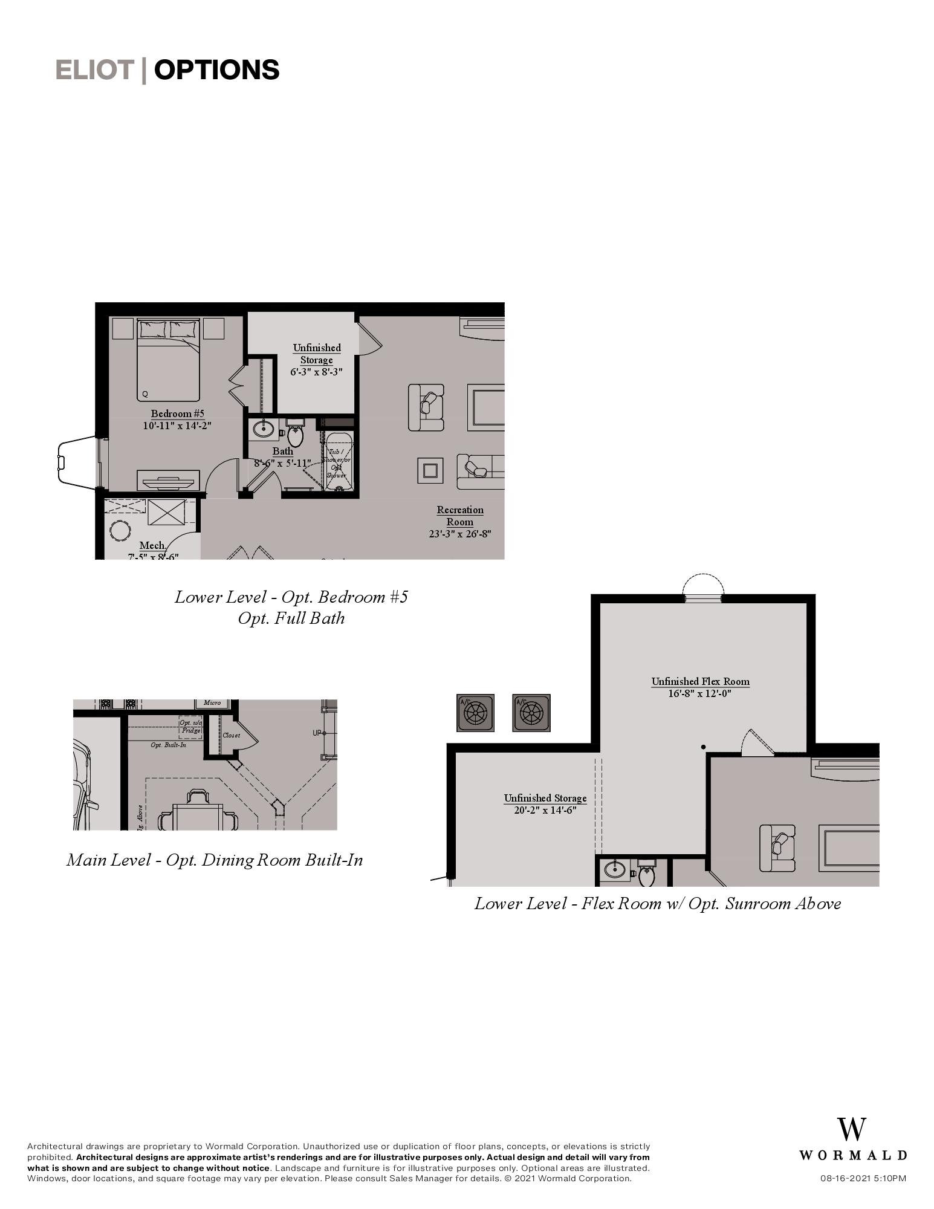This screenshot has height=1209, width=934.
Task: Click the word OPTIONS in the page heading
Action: (x=216, y=70)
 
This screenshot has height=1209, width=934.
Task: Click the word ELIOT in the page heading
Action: (x=94, y=70)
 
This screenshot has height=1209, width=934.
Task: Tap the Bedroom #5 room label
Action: (x=177, y=413)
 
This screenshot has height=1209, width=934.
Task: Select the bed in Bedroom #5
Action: (x=168, y=361)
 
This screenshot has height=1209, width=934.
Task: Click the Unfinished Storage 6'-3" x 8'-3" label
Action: (x=316, y=360)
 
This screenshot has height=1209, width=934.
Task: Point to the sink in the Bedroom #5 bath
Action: (x=264, y=429)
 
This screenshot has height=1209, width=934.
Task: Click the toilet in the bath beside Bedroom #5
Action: (x=296, y=433)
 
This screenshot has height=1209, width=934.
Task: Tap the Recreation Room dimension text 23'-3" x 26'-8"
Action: (x=459, y=534)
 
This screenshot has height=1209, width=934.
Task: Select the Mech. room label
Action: (x=152, y=545)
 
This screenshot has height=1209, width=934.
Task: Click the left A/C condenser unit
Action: (x=475, y=713)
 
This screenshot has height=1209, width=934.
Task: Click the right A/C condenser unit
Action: (x=531, y=713)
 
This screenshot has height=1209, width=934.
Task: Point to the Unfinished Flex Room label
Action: (x=700, y=681)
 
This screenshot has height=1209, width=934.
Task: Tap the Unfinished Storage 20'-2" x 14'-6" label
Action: (x=545, y=804)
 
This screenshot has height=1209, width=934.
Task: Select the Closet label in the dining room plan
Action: (x=231, y=735)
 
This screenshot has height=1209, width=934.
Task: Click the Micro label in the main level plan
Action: (x=212, y=703)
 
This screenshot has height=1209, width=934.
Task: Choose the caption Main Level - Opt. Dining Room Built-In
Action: (x=215, y=860)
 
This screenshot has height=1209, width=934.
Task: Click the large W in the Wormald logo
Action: (x=851, y=1130)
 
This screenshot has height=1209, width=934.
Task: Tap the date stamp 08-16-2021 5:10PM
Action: (x=863, y=1178)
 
